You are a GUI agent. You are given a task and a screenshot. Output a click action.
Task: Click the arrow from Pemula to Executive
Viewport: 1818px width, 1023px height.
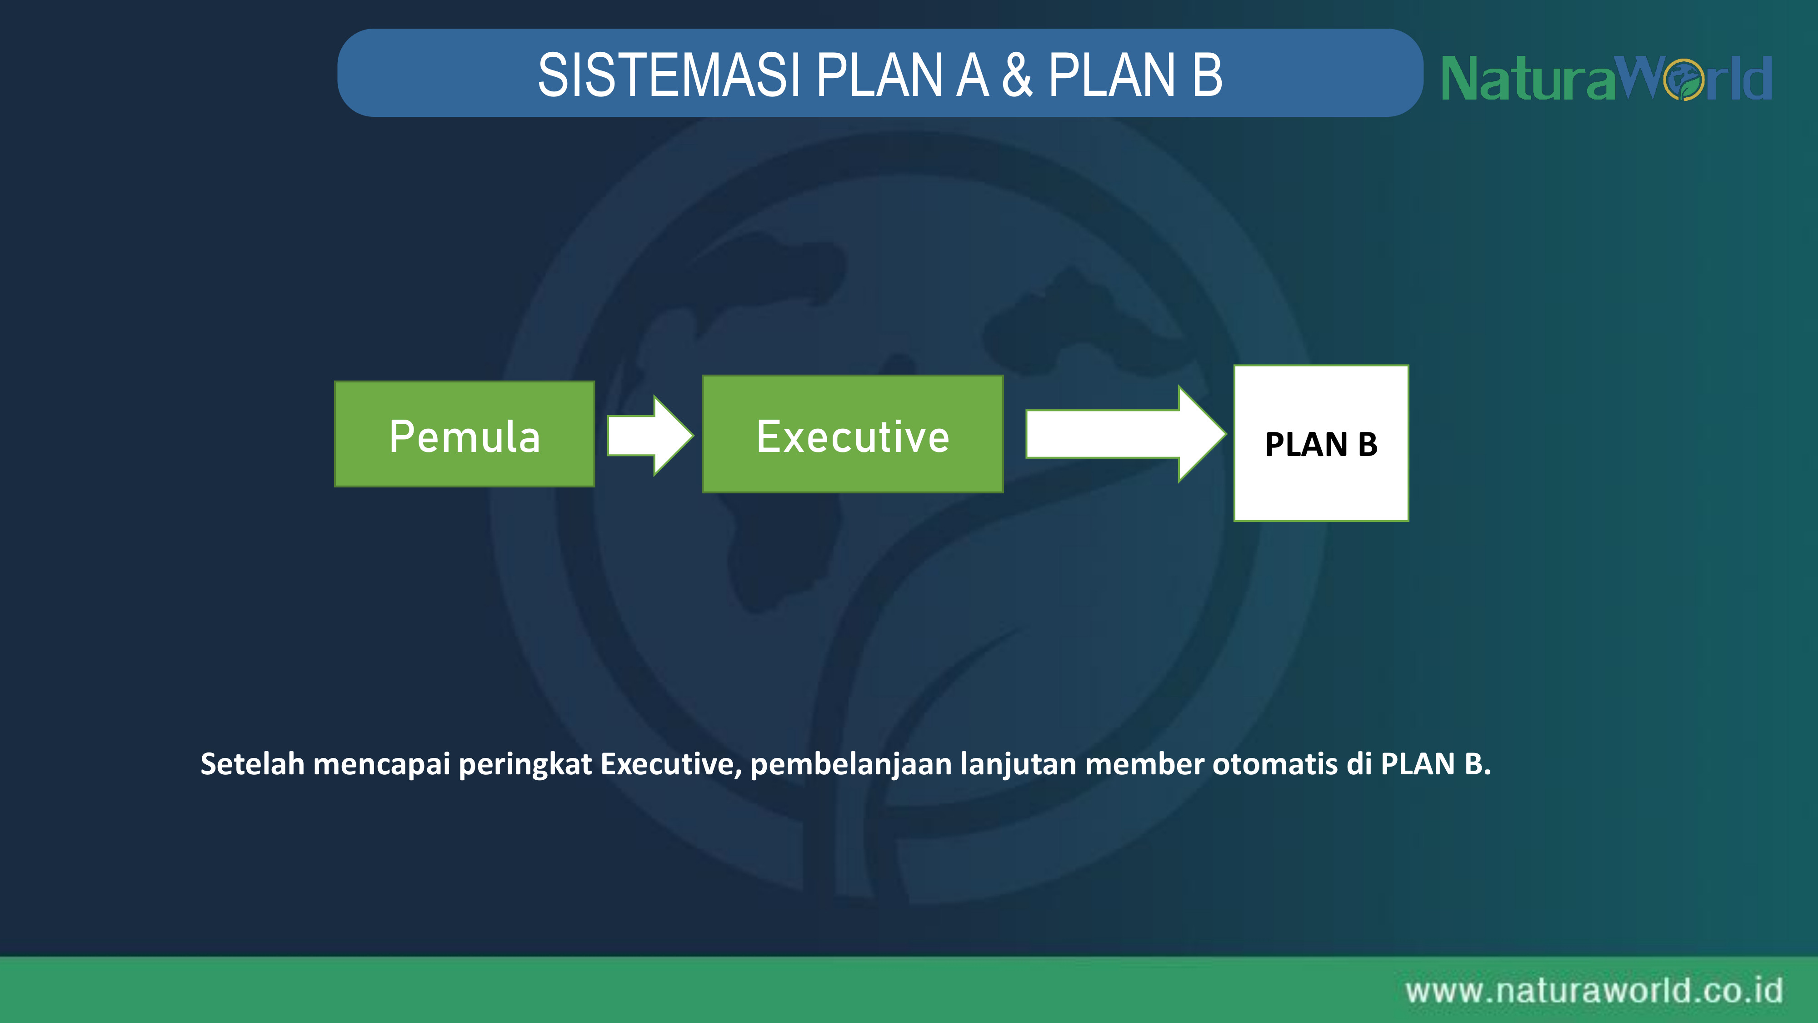pyautogui.click(x=650, y=436)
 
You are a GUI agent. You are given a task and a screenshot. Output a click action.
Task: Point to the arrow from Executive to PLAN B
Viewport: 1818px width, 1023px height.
pyautogui.click(x=1126, y=434)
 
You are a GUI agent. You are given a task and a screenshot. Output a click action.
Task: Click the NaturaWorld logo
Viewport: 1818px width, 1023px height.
pyautogui.click(x=1606, y=78)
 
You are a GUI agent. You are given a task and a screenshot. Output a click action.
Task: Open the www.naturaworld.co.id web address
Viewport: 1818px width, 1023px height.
pyautogui.click(x=1593, y=991)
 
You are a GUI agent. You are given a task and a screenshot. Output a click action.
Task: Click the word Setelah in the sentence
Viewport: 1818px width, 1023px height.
pyautogui.click(x=253, y=764)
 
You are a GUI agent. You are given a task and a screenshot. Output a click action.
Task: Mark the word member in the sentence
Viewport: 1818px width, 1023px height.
pyautogui.click(x=1145, y=764)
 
